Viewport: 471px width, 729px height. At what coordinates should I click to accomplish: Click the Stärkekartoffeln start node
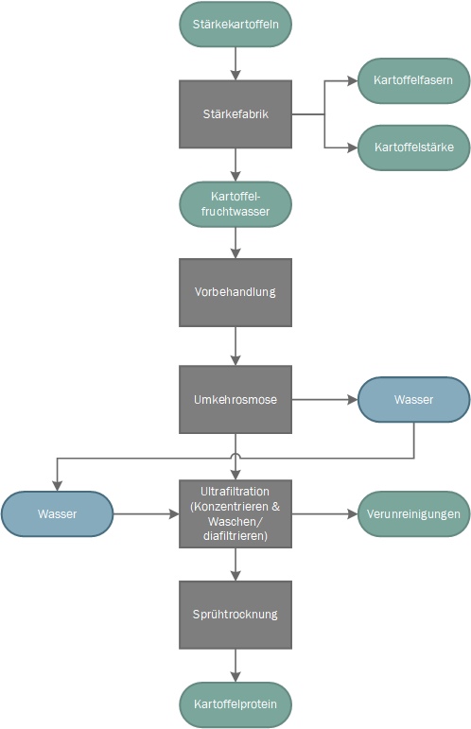pos(235,25)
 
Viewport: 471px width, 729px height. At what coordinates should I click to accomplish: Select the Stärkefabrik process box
pos(235,113)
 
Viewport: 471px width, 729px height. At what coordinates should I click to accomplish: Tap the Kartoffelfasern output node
pos(413,80)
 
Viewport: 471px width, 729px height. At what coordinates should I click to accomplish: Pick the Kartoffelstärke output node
pos(413,148)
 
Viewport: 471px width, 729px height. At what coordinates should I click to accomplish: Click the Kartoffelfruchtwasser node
pos(235,204)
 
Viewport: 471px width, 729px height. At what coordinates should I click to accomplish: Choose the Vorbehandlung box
pos(235,292)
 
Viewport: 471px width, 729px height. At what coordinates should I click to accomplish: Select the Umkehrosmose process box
pos(235,399)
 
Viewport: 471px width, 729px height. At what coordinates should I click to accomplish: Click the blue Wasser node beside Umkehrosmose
pos(413,399)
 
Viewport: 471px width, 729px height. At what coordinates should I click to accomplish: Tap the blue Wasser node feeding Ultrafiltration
pos(57,513)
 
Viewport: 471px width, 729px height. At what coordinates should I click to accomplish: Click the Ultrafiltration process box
pos(235,513)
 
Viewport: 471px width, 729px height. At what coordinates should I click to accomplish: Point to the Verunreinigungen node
pos(413,513)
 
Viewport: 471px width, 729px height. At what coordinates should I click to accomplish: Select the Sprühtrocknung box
pos(235,615)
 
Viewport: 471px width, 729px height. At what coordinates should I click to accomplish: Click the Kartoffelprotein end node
pos(235,704)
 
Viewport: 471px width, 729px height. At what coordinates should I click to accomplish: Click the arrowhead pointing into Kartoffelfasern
pos(353,80)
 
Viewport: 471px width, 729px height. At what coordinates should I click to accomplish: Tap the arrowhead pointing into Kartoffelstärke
pos(353,148)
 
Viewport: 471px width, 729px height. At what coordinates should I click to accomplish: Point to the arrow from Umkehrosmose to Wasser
pos(324,399)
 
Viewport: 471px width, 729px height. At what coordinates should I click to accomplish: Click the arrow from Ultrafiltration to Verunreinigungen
pos(324,513)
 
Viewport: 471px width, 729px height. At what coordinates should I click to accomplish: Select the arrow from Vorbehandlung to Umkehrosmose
pos(235,346)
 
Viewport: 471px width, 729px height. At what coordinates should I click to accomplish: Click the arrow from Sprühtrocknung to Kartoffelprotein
pos(235,666)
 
